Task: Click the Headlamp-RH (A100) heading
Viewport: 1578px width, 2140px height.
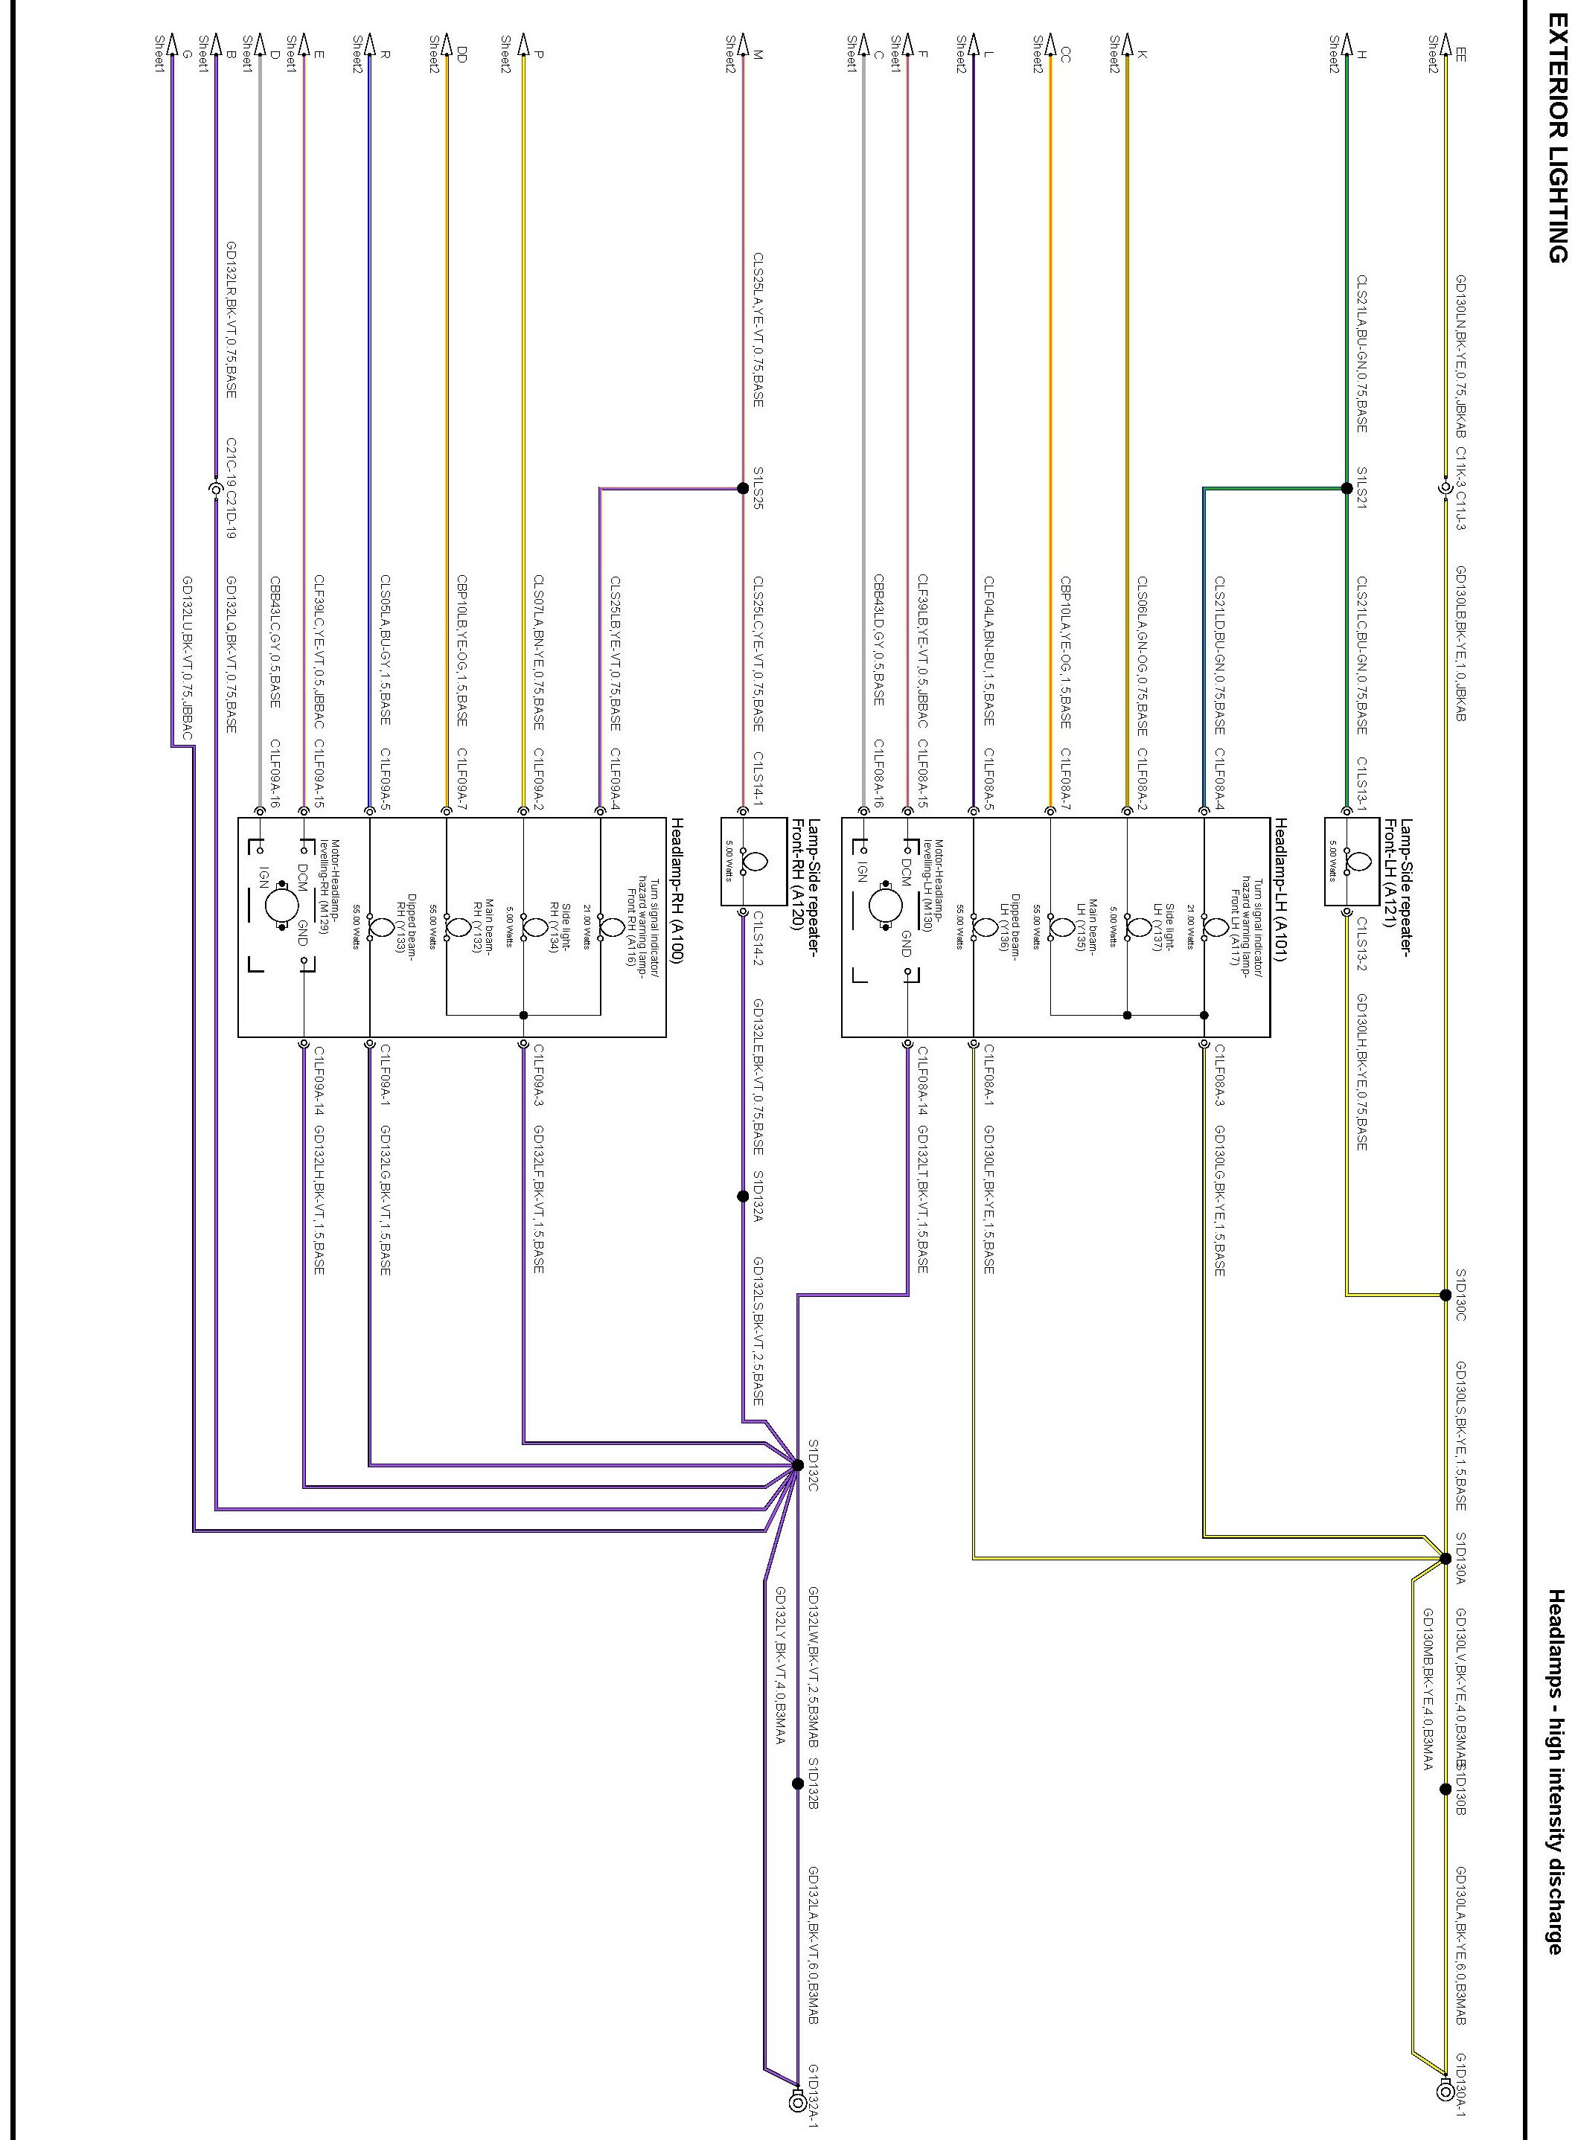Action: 677,890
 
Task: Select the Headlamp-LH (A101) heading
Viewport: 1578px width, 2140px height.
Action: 1281,890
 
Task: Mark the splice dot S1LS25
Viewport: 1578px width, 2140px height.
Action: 743,488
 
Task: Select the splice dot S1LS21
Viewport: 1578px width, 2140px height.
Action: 1347,488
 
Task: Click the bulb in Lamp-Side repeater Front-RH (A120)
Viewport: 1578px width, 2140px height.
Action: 755,862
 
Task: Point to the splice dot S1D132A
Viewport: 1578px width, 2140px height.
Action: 743,1196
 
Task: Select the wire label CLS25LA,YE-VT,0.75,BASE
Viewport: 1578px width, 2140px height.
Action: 758,330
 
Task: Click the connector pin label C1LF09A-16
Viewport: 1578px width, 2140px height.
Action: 275,774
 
